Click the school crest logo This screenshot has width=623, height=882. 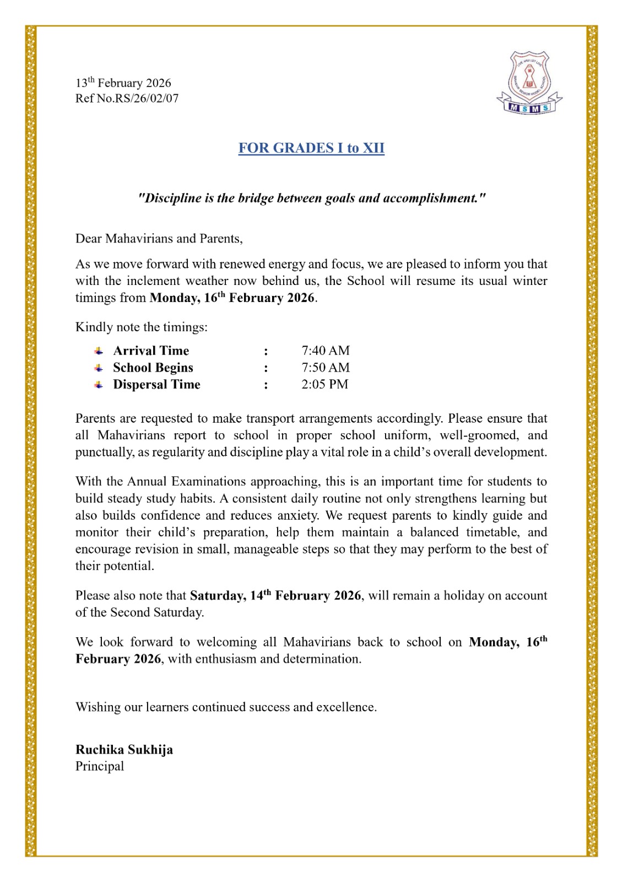529,83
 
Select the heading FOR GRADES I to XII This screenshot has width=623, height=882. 311,148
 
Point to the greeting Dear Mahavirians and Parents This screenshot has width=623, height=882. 159,239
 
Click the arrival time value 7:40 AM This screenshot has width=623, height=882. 326,351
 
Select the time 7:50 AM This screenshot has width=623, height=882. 326,368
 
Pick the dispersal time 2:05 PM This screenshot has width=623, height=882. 324,384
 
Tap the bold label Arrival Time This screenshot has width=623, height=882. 151,351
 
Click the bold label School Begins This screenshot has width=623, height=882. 153,368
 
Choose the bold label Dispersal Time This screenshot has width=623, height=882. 156,384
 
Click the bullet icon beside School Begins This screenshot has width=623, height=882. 99,368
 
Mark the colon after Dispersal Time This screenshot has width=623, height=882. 266,385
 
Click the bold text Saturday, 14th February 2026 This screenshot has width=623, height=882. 275,595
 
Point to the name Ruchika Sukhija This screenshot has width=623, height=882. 124,750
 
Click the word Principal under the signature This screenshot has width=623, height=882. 100,766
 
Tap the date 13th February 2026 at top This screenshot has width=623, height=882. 123,83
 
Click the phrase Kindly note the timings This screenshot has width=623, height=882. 142,327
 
